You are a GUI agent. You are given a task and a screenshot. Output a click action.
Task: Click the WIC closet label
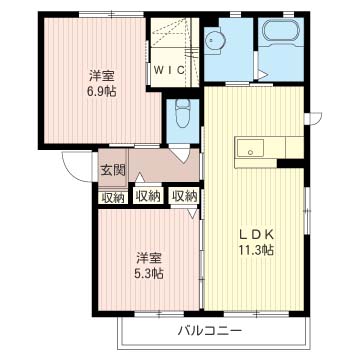click(169, 70)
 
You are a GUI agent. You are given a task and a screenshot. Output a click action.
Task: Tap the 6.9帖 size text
click(102, 91)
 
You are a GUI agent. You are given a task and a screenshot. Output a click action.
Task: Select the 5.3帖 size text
click(149, 273)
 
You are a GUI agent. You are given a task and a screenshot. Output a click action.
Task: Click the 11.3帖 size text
click(256, 250)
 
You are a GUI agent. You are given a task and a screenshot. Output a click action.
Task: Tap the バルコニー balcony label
click(209, 331)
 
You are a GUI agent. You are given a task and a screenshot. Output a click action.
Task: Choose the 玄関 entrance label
click(113, 170)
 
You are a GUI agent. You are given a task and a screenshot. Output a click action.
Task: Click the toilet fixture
click(182, 113)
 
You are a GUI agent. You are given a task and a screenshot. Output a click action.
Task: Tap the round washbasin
click(214, 41)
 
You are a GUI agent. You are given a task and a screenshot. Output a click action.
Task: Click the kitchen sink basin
click(250, 148)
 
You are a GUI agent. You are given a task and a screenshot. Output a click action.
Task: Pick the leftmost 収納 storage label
click(113, 198)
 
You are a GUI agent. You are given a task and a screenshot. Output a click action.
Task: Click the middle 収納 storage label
click(148, 196)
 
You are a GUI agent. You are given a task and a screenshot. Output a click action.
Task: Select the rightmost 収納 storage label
click(185, 196)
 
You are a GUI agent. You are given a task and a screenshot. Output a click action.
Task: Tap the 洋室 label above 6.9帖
click(102, 77)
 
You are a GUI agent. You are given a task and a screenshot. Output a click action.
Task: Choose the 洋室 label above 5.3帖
click(149, 259)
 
